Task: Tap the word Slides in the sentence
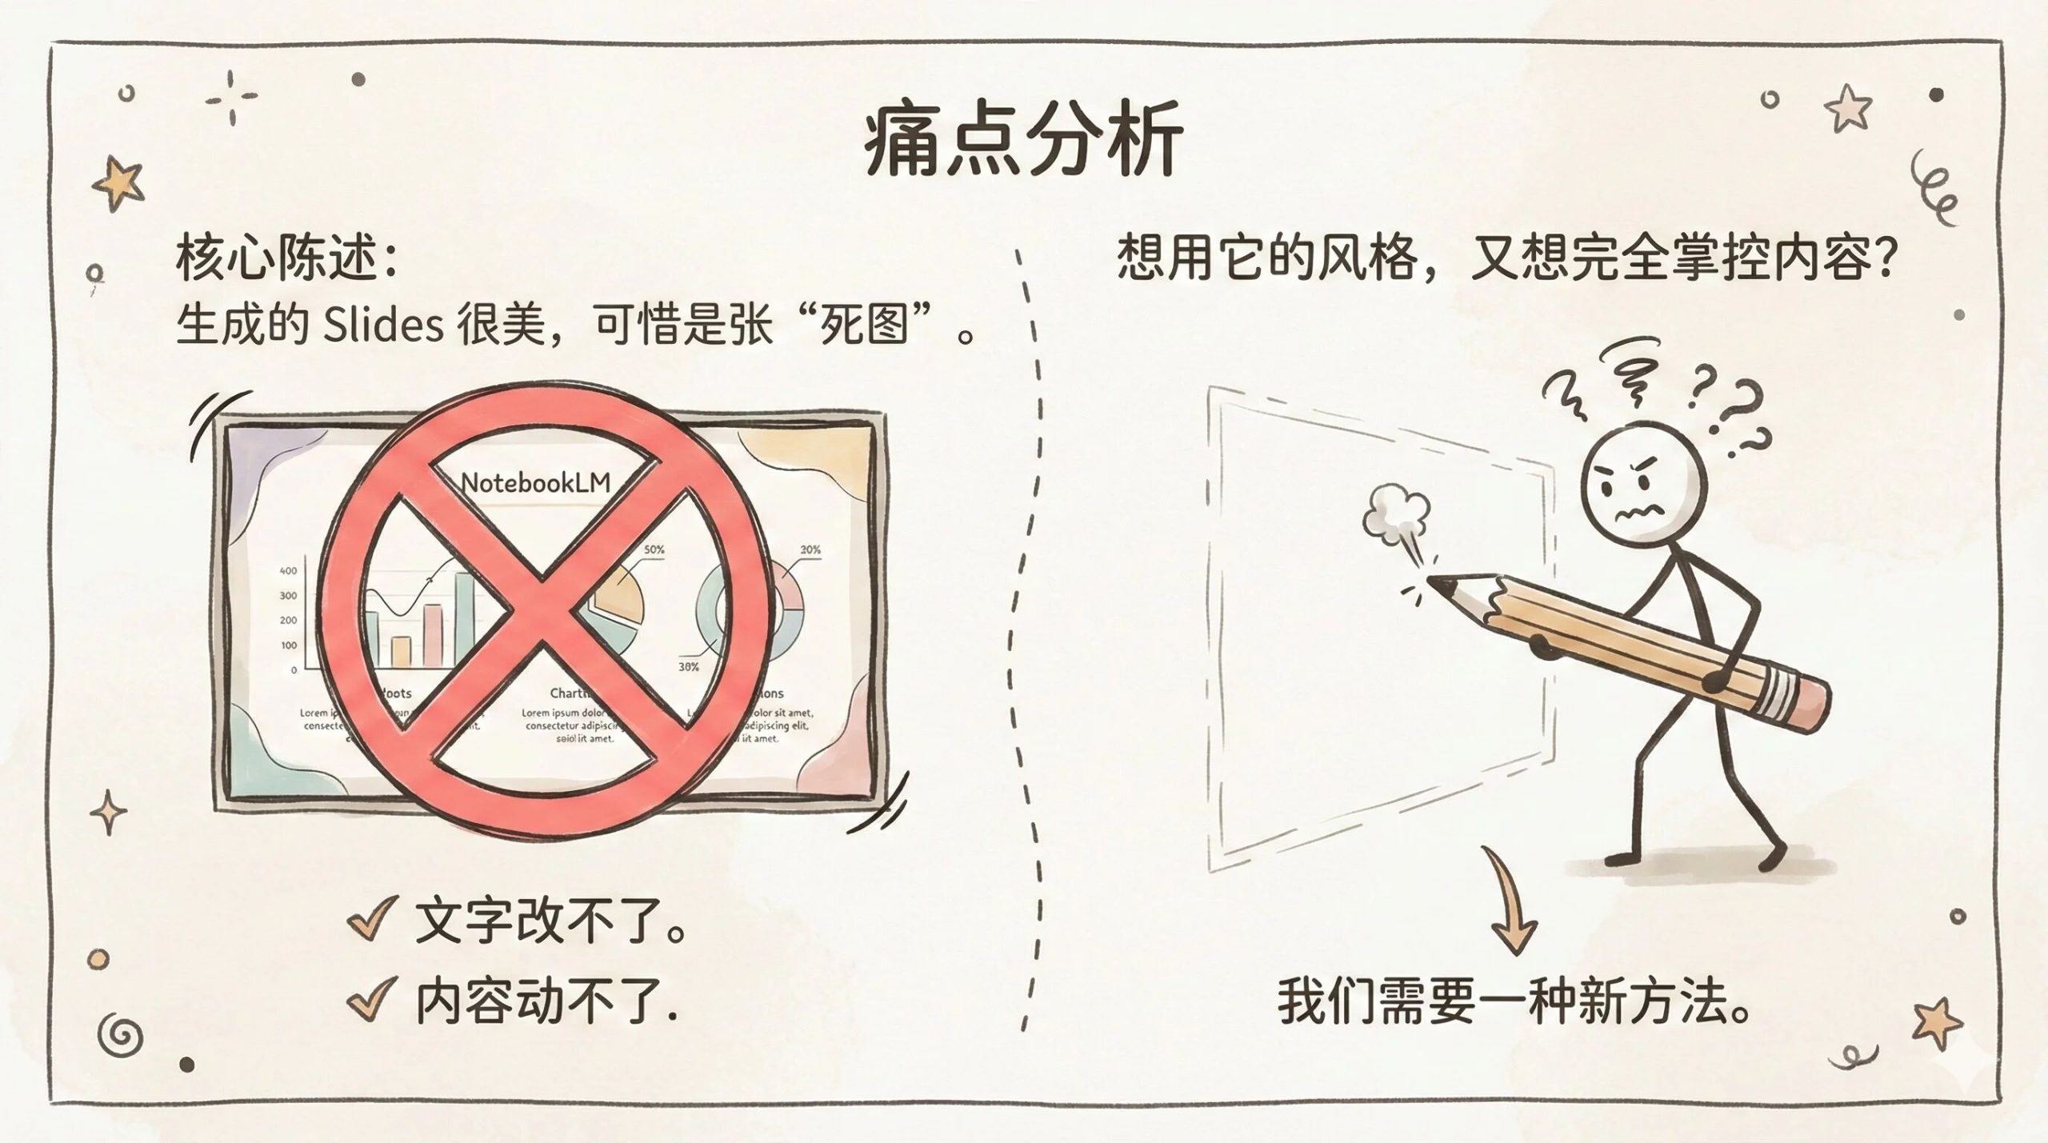pos(383,326)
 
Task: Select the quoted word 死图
pos(865,326)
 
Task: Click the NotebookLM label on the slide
pos(536,482)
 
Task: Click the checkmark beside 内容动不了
pos(373,999)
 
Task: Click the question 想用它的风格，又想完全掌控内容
pos(1504,258)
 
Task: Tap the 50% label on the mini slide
pos(654,550)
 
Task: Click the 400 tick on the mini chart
pos(288,570)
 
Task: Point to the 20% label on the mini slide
pos(810,550)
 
